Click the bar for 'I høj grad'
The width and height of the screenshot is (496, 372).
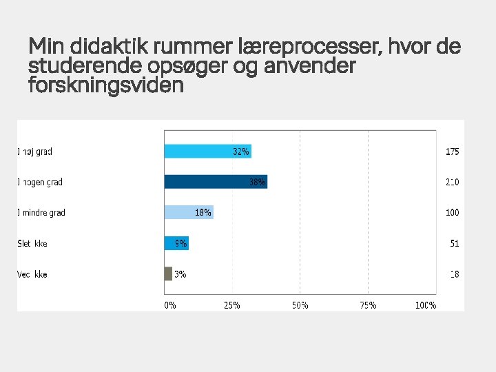(207, 152)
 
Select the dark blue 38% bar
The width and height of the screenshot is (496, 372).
(215, 182)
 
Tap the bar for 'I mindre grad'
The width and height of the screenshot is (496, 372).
(188, 212)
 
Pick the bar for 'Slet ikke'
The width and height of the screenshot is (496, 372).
(176, 243)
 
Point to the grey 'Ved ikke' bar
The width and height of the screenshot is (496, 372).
(168, 273)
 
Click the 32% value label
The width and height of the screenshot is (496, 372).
(241, 152)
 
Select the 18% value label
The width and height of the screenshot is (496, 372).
(203, 213)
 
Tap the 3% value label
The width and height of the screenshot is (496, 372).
(180, 274)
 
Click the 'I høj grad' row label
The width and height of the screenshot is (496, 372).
(34, 152)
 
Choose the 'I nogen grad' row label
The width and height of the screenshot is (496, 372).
(39, 183)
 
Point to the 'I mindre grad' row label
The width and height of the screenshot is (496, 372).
(41, 213)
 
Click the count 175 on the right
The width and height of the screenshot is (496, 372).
(452, 152)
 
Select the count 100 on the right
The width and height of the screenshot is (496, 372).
(452, 213)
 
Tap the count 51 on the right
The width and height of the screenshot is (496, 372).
(453, 243)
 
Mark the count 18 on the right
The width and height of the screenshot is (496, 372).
(454, 274)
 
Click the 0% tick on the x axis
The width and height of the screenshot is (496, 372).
(170, 305)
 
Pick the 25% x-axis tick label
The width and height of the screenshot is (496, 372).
(231, 305)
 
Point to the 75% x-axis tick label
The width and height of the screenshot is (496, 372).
(368, 305)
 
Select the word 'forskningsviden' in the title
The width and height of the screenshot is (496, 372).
(106, 86)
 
